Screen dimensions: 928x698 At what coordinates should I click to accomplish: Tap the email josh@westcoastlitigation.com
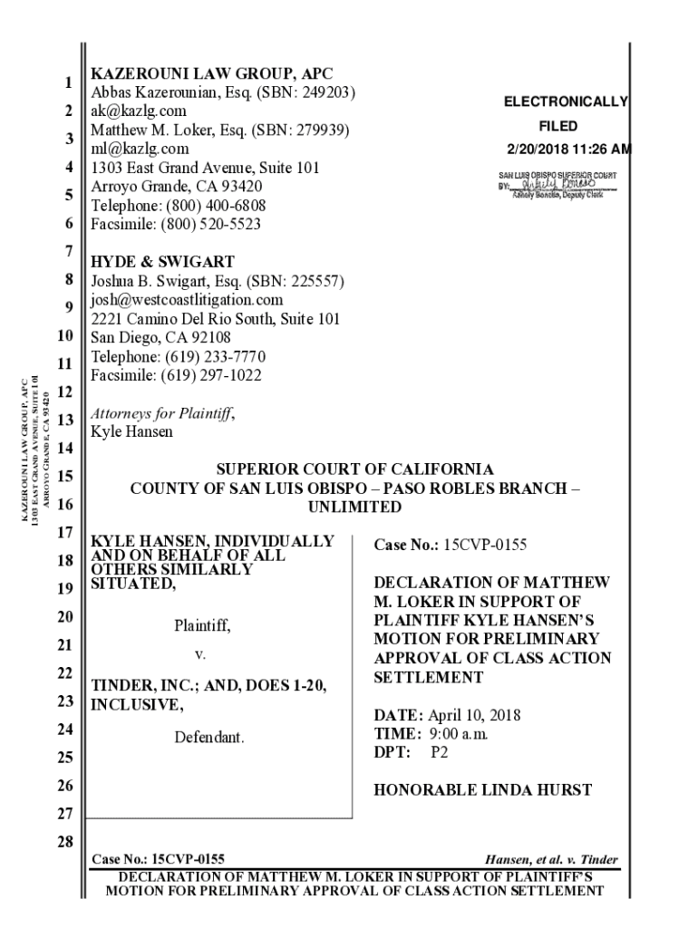click(x=187, y=299)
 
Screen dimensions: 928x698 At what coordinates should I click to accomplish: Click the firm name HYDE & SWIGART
click(x=162, y=262)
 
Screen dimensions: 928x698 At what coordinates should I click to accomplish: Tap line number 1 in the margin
click(x=68, y=83)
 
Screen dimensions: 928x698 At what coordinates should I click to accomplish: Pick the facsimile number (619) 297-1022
click(x=212, y=374)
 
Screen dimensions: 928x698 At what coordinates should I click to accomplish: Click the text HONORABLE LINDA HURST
click(x=482, y=790)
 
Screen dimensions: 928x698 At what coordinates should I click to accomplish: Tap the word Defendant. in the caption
click(x=209, y=738)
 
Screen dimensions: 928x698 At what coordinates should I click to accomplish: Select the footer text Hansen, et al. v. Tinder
click(x=552, y=860)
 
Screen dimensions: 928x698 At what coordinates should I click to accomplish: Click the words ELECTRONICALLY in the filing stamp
click(x=566, y=103)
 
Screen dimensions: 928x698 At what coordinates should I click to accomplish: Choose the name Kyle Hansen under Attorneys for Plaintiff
click(x=131, y=431)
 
